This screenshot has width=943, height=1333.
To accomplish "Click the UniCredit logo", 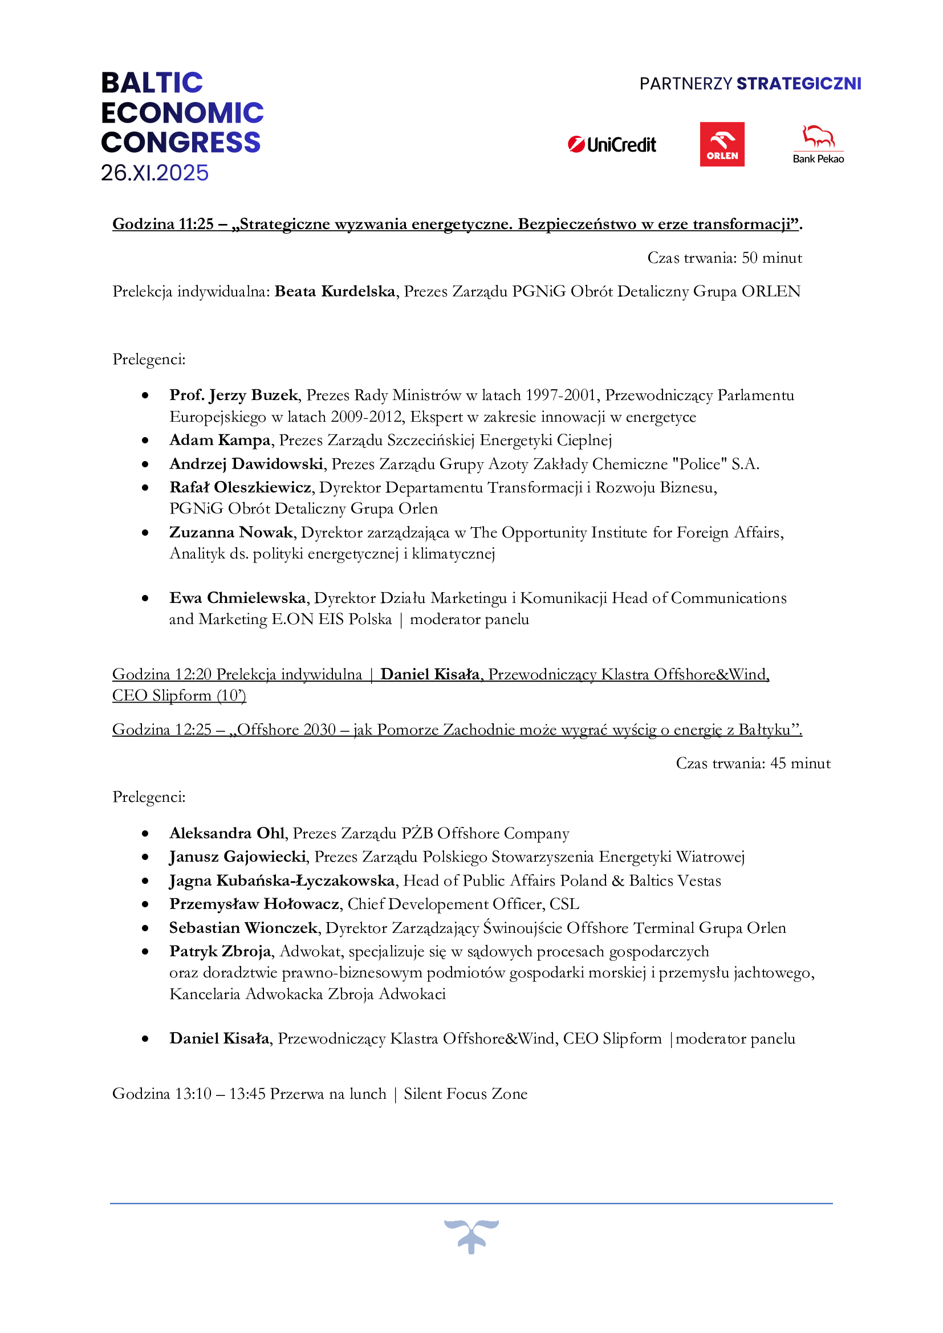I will point(611,145).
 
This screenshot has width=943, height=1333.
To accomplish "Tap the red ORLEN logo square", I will point(722,145).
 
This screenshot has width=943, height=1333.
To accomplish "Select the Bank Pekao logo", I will point(818,145).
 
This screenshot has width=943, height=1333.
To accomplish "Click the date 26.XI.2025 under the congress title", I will point(155,173).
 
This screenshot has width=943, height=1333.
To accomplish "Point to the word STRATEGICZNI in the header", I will point(798,84).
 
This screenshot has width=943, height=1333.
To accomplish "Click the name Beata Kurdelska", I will point(335,291).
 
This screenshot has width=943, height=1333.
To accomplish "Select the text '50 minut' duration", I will point(772,258).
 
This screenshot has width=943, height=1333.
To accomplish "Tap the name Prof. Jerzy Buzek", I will point(233,396).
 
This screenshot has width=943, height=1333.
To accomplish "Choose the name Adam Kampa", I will point(220,440).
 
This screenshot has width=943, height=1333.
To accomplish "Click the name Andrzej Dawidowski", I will point(246,464).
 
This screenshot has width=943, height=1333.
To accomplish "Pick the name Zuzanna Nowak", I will point(231,532).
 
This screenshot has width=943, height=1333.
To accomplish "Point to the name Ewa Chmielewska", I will point(238,598).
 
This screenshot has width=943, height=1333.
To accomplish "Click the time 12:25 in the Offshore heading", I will point(193,730).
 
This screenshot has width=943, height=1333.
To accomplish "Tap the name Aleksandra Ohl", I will point(226,834).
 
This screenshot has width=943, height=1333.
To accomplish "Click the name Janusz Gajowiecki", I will point(238,857).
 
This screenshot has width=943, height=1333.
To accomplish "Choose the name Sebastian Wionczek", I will point(243,928).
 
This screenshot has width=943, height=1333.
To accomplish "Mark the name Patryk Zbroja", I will point(220,952).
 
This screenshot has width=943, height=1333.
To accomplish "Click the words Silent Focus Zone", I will point(465,1094).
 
